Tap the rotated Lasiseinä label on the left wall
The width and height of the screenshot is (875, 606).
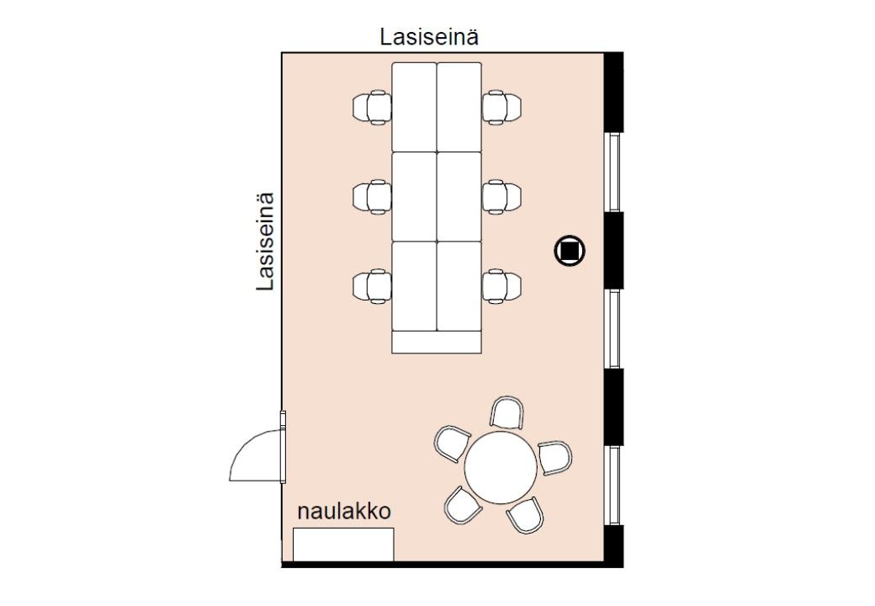(x=266, y=242)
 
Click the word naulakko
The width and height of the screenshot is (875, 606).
(x=344, y=512)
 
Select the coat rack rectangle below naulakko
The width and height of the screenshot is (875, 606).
(x=343, y=545)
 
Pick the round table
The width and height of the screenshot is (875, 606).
(x=501, y=468)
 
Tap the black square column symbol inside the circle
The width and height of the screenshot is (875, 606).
(x=570, y=250)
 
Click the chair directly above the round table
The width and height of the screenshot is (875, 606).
(x=507, y=413)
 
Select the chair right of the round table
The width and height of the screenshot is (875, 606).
(x=554, y=457)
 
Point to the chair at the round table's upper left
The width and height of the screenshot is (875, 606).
(x=452, y=443)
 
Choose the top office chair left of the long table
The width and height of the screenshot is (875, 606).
(x=373, y=108)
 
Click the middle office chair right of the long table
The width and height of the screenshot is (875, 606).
(x=501, y=197)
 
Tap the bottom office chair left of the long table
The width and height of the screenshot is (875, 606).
(x=373, y=286)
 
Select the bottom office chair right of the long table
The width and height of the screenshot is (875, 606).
(x=501, y=286)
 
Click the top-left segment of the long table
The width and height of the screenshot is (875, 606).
(x=414, y=107)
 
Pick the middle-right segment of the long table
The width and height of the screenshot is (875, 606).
(x=459, y=196)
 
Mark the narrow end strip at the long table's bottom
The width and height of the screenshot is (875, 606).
(x=437, y=343)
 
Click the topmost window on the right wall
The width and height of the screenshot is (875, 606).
(x=615, y=172)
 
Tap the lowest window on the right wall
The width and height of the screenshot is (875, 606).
(x=615, y=485)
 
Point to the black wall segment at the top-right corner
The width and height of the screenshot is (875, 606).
(x=614, y=91)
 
